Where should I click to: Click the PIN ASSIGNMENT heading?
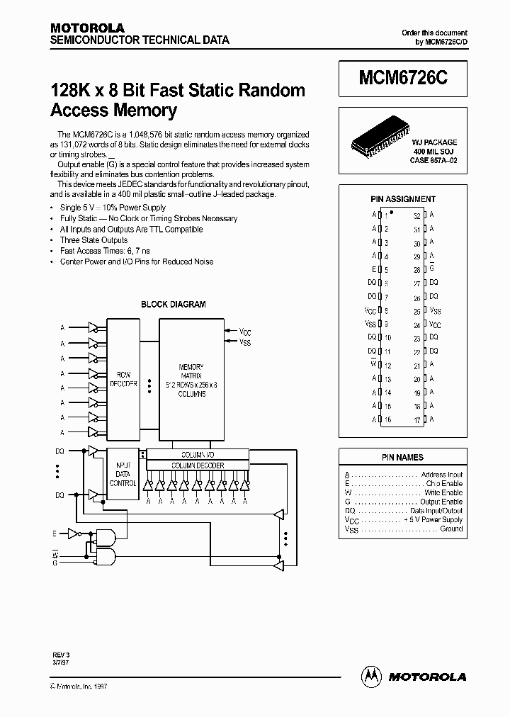403,199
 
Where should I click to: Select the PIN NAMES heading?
403,458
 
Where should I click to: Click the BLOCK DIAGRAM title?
174,305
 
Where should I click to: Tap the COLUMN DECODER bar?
198,465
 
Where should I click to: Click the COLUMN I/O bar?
198,454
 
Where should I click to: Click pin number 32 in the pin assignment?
417,215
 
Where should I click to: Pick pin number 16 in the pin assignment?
387,419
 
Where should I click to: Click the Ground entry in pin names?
450,529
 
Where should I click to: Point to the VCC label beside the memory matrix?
245,332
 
